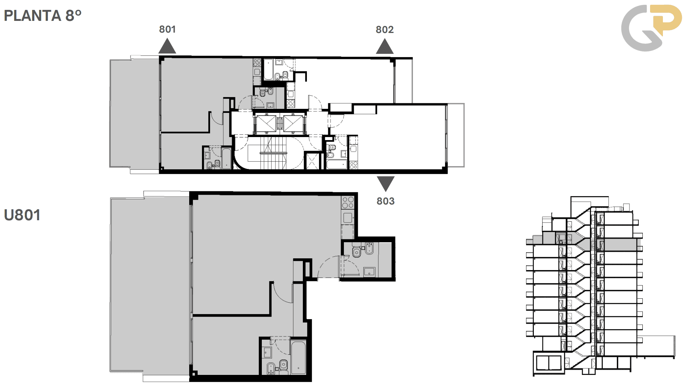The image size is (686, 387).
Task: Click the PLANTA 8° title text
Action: pyautogui.click(x=43, y=16)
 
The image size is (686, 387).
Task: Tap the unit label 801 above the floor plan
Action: pyautogui.click(x=167, y=29)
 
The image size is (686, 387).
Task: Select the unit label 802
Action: pyautogui.click(x=385, y=30)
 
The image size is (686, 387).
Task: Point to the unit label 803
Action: pyautogui.click(x=386, y=201)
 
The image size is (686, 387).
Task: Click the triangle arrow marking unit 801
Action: pyautogui.click(x=167, y=47)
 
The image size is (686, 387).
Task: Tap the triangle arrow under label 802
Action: pyautogui.click(x=385, y=47)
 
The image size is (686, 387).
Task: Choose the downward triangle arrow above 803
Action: pyautogui.click(x=386, y=184)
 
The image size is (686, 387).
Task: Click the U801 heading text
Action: pyautogui.click(x=22, y=215)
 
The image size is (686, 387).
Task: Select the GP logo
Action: pyautogui.click(x=651, y=28)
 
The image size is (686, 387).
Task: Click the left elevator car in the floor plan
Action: pyautogui.click(x=266, y=124)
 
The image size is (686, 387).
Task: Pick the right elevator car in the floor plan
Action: pyautogui.click(x=293, y=124)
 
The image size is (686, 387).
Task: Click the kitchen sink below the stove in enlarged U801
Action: pyautogui.click(x=348, y=218)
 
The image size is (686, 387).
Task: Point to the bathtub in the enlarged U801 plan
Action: pyautogui.click(x=298, y=358)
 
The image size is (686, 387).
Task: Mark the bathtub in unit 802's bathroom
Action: pyautogui.click(x=268, y=69)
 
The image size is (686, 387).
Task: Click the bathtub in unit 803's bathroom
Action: pyautogui.click(x=337, y=164)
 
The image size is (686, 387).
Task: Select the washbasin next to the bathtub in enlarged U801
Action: pyautogui.click(x=267, y=353)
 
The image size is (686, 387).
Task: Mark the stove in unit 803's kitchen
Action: pyautogui.click(x=353, y=165)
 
